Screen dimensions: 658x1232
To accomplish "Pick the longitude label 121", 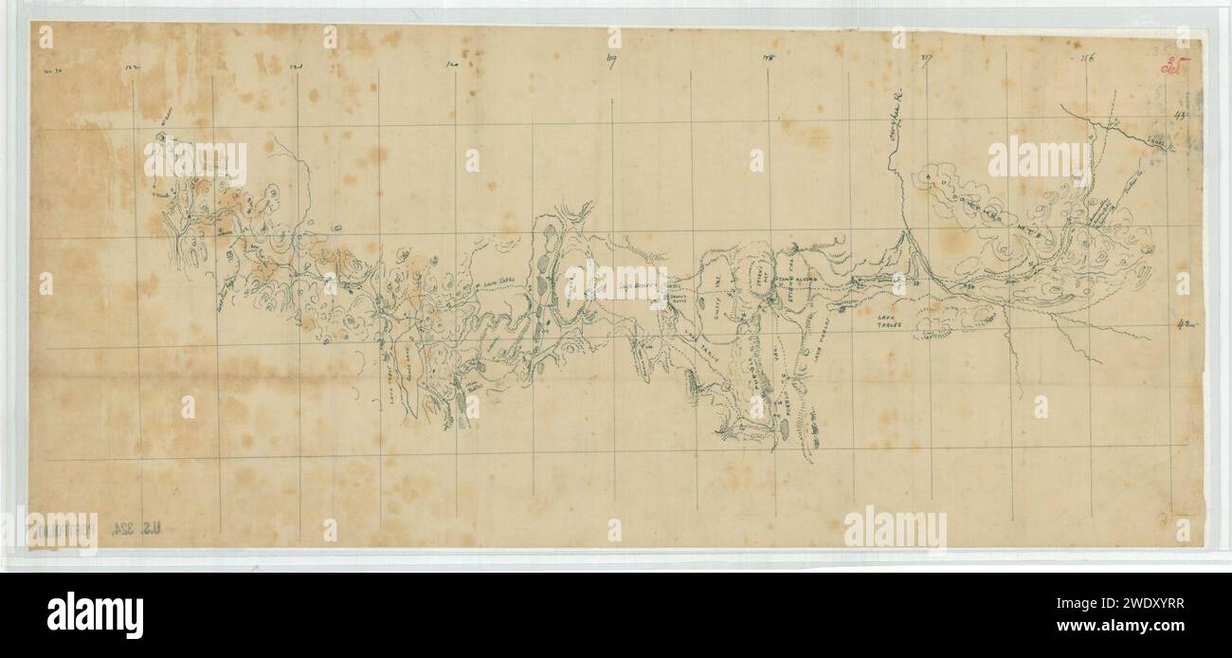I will pos(296,67).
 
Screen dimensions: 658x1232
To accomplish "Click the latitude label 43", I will pos(1181,115).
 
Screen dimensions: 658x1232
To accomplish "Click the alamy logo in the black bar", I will pos(95,614).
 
